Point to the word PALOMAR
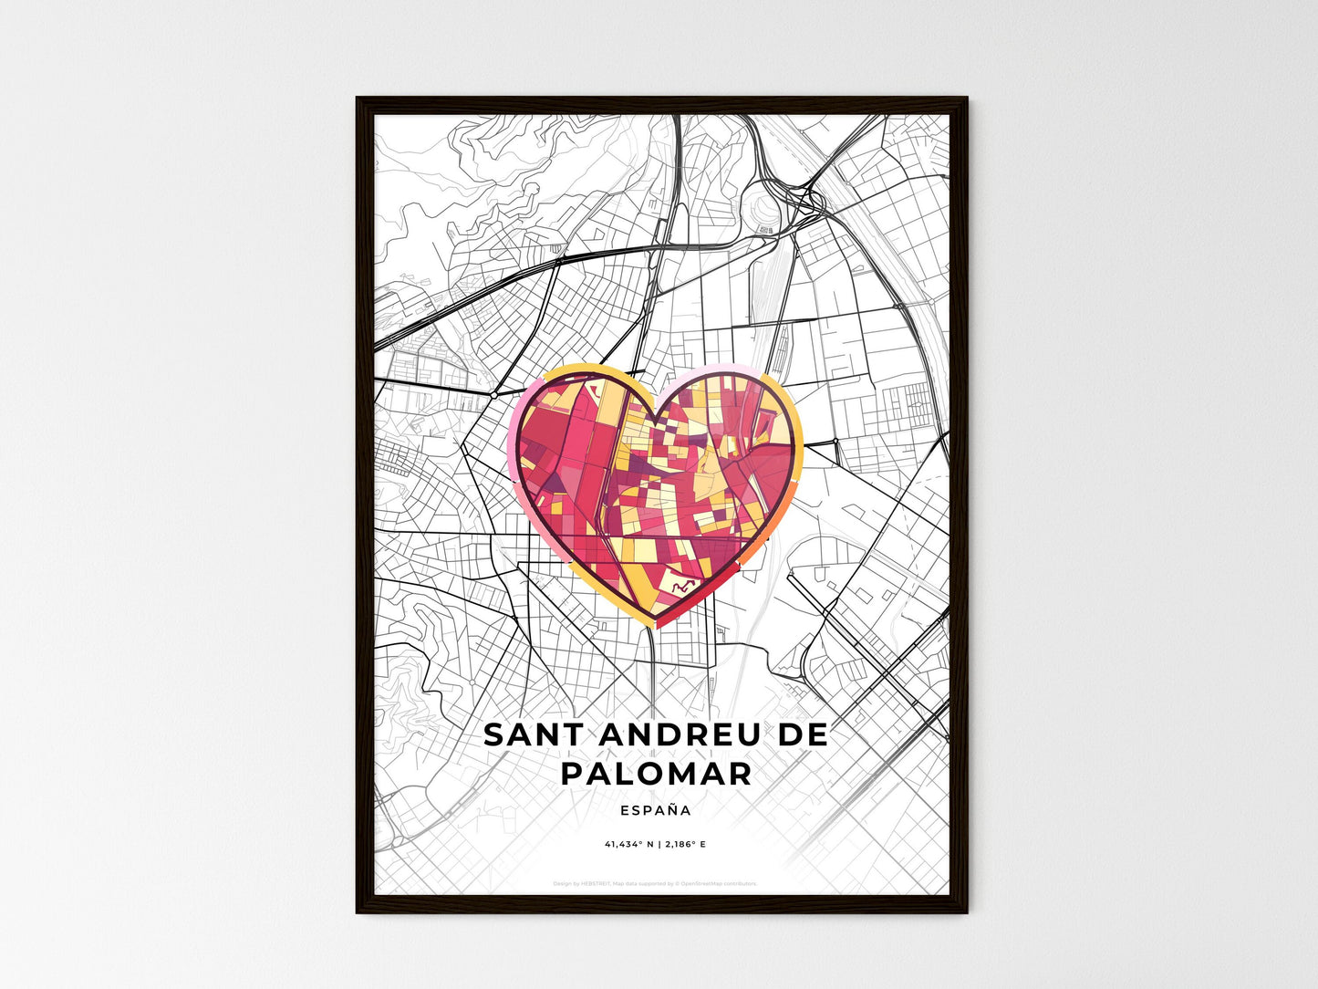pyautogui.click(x=656, y=774)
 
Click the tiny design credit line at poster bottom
pyautogui.click(x=655, y=883)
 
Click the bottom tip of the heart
pyautogui.click(x=656, y=626)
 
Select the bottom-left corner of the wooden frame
pyautogui.click(x=358, y=911)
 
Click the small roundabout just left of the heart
pyautogui.click(x=493, y=396)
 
